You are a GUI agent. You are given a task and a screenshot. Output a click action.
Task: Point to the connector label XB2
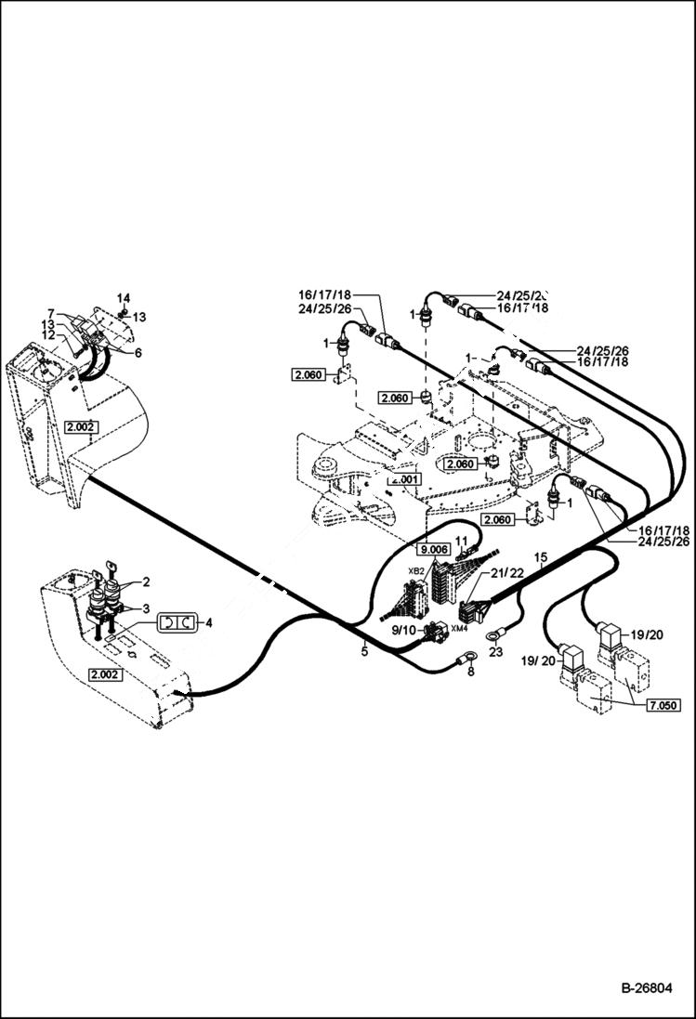(x=416, y=570)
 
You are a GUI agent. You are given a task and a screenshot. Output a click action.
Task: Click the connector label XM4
(x=458, y=629)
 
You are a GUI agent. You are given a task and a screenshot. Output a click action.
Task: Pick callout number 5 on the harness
(x=364, y=652)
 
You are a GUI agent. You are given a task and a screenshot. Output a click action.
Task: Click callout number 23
(x=493, y=653)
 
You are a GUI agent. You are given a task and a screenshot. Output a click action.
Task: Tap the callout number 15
(x=542, y=557)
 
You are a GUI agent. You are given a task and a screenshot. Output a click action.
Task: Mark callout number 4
(x=208, y=622)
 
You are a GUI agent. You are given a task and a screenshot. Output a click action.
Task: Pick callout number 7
(x=52, y=312)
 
